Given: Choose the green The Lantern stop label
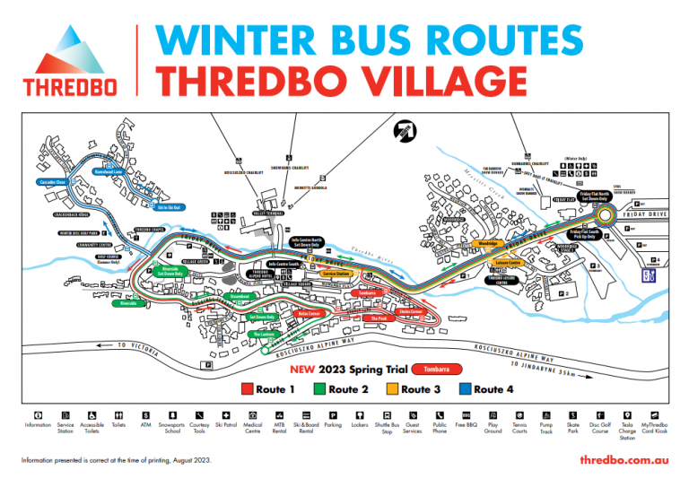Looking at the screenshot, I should click(263, 334).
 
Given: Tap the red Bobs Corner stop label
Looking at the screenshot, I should click(308, 314).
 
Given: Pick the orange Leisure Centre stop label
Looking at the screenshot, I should click(510, 263).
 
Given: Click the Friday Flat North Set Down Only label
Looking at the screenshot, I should click(593, 196).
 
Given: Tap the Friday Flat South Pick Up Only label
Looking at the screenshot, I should click(588, 233).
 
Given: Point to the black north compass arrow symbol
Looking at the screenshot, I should click(406, 132).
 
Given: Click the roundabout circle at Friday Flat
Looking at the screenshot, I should click(607, 215).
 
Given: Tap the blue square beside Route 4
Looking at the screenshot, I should click(463, 389).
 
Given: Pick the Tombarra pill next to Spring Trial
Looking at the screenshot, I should click(437, 369).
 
